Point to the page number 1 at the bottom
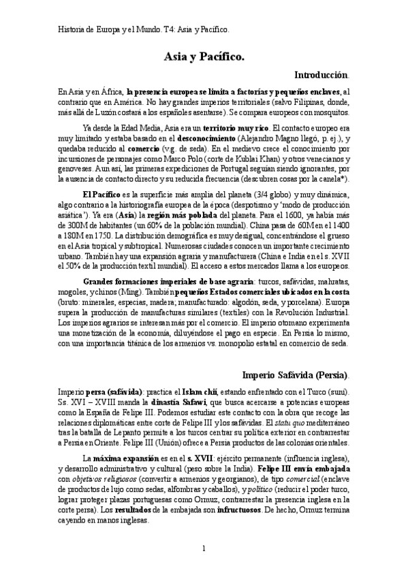[x=204, y=548]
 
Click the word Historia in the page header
[x=69, y=29]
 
